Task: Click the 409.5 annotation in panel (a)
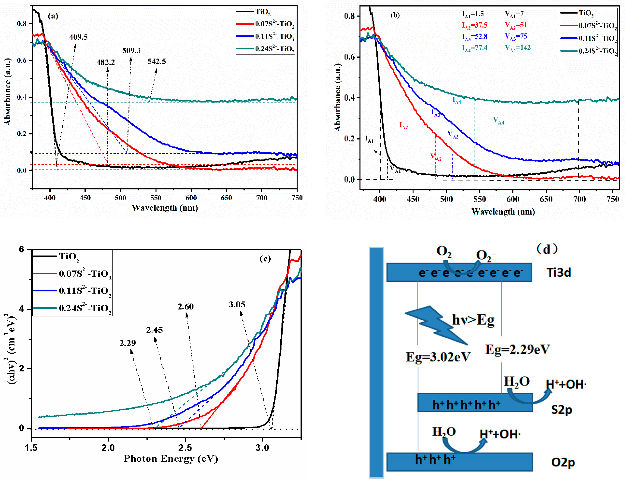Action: (78, 37)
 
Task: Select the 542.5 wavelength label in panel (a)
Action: (156, 61)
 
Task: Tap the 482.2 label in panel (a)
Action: (105, 62)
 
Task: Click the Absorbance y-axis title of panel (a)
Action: (8, 92)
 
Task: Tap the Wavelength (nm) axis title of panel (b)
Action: (503, 212)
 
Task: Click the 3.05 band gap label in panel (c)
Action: (237, 305)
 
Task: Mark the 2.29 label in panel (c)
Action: (128, 343)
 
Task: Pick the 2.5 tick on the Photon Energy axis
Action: (185, 448)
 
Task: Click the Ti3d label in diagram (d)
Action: (559, 272)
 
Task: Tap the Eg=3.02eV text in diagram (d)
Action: (438, 357)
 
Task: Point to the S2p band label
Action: (561, 410)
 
